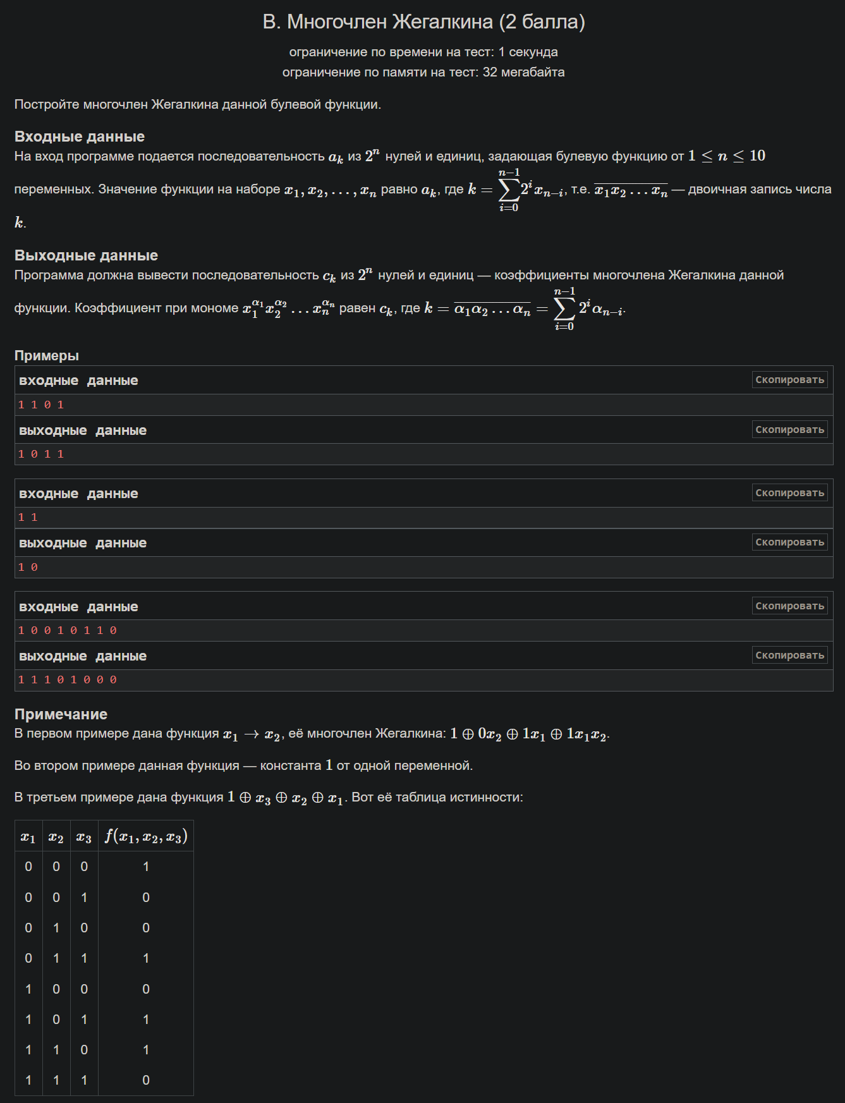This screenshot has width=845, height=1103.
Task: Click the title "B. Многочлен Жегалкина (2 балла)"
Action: pos(423,22)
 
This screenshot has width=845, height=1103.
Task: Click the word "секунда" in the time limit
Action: pos(533,52)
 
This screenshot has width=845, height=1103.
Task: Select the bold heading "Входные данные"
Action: pos(80,137)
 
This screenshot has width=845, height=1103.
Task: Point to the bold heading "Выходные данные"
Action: pos(86,255)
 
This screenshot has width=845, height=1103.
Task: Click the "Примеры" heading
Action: pos(47,355)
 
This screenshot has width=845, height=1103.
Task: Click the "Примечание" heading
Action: pos(61,714)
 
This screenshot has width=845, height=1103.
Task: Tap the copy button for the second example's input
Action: pos(789,493)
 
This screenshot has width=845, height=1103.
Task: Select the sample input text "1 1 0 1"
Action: pos(41,405)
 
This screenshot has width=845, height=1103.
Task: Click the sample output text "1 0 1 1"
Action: pos(41,454)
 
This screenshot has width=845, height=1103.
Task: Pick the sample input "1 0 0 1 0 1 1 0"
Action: pos(68,631)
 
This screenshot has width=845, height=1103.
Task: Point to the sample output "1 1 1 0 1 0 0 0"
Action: pos(68,680)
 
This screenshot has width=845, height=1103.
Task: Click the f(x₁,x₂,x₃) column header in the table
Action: pos(146,837)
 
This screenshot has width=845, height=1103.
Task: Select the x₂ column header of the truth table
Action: pos(56,838)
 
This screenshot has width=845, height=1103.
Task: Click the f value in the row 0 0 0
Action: pos(146,867)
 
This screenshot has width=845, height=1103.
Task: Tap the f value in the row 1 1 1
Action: pos(146,1080)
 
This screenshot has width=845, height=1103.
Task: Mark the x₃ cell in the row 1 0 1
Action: pos(84,1020)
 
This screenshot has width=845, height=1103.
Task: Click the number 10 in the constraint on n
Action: pos(757,155)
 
